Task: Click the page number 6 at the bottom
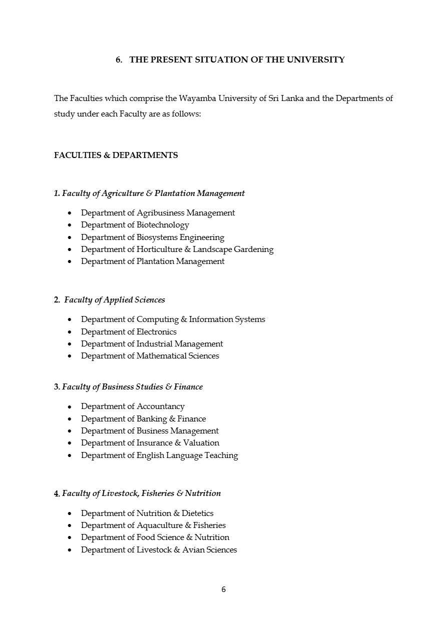(223, 589)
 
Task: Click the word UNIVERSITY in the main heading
(315, 59)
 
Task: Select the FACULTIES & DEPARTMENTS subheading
(116, 155)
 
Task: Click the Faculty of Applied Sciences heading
(114, 300)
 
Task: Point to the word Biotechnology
(163, 225)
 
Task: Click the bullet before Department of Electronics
(70, 332)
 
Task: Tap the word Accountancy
(160, 406)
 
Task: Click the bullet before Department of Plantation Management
(70, 261)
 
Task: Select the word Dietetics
(197, 513)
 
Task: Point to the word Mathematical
(161, 356)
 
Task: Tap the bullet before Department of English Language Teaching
(70, 455)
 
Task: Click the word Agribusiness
(160, 213)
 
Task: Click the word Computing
(157, 319)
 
